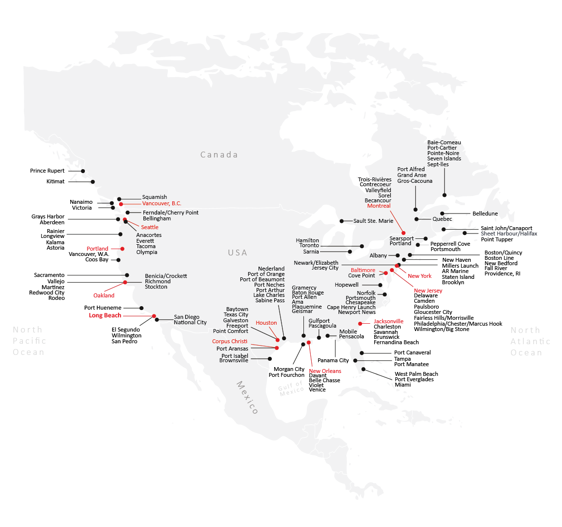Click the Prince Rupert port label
(x=47, y=171)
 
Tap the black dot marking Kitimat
(x=93, y=182)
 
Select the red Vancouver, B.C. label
(x=161, y=203)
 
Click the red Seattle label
(x=150, y=227)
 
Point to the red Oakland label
(x=104, y=295)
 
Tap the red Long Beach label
(x=105, y=315)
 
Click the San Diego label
(x=186, y=317)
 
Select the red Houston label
(x=266, y=323)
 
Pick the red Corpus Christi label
(x=230, y=341)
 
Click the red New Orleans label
(x=325, y=371)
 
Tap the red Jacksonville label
(x=388, y=321)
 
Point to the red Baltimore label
(x=363, y=270)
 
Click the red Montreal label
(x=379, y=206)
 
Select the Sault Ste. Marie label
(x=373, y=221)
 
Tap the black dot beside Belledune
(x=442, y=214)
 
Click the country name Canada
(x=219, y=155)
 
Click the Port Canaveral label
(x=412, y=352)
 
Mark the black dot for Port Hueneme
(x=141, y=308)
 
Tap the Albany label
(x=378, y=255)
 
